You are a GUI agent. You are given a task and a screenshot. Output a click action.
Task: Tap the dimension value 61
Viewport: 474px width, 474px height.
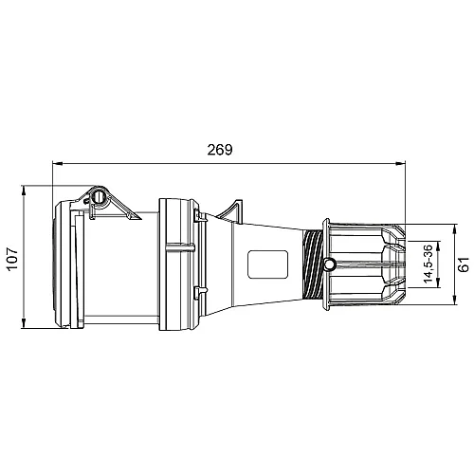464,264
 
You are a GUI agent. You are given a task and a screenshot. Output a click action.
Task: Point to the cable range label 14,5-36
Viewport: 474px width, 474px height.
428,264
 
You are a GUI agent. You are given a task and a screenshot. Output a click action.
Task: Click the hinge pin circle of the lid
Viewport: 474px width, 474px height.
98,198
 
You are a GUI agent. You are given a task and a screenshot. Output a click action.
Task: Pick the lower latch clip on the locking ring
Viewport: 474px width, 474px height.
200,290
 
